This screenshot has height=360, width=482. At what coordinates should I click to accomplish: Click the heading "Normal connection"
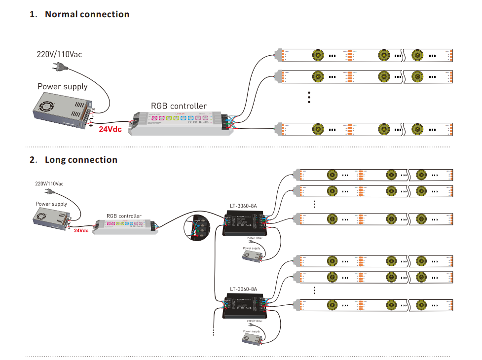(87, 14)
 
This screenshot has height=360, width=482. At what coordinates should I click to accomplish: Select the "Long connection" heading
(81, 160)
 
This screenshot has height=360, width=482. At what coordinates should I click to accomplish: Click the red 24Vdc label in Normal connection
(110, 130)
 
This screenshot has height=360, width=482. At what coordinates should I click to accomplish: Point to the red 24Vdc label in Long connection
(81, 230)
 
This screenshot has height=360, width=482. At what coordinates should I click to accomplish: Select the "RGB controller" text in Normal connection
(179, 106)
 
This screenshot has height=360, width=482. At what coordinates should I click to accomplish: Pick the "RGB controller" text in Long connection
(124, 216)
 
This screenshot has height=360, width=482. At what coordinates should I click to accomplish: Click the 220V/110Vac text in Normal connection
(59, 54)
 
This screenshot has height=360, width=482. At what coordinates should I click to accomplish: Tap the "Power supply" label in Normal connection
(62, 87)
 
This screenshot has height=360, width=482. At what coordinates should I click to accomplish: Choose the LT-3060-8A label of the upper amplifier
(243, 206)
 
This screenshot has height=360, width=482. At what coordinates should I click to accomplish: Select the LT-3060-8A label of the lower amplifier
(243, 289)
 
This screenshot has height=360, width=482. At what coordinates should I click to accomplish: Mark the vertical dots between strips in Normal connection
(309, 97)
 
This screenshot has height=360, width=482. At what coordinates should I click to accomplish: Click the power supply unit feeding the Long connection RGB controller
(52, 217)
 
